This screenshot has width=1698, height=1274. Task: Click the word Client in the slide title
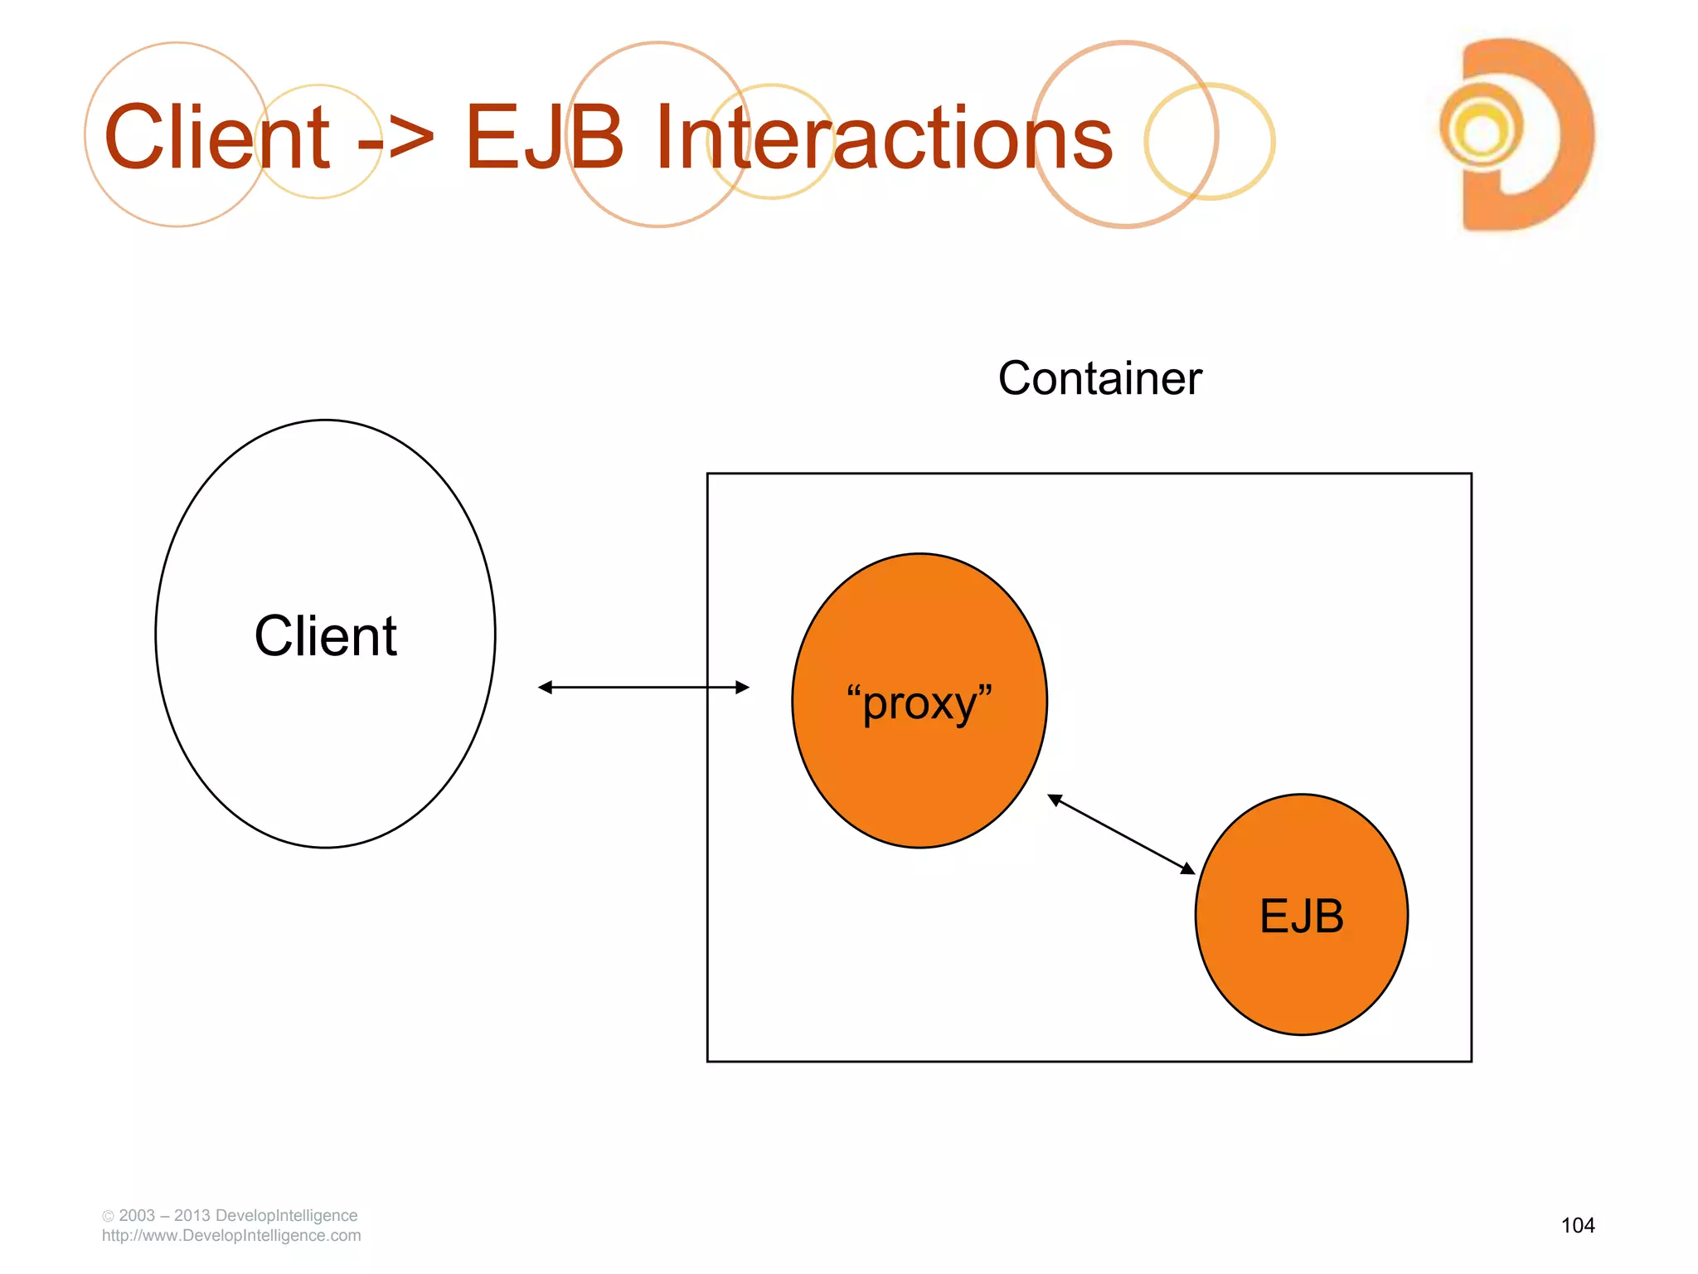pos(217,138)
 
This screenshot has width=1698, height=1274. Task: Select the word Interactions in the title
pos(884,138)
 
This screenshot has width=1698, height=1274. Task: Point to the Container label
pos(1099,379)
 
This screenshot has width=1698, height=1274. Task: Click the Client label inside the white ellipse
pos(326,636)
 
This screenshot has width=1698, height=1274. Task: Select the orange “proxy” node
pos(919,771)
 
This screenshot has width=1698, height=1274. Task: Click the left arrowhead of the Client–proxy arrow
pos(546,687)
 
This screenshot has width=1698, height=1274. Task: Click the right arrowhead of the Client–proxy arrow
pos(742,687)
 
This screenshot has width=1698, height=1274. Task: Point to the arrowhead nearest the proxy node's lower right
pos(1055,800)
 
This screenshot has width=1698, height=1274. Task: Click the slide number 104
pos(1577,1225)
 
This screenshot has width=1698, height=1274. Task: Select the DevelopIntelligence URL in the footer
pos(231,1236)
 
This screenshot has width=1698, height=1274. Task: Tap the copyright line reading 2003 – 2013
pos(230,1215)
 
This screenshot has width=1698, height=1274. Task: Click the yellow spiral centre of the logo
pos(1482,130)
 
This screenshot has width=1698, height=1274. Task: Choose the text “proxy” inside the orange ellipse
pos(919,703)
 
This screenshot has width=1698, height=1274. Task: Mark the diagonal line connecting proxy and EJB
pos(1121,834)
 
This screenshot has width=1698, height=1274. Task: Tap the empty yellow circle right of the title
pos(1210,141)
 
